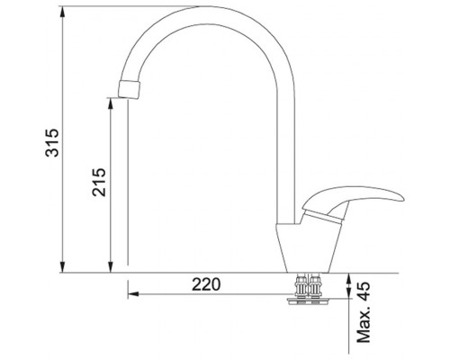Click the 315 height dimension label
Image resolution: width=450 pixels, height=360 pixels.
(x=51, y=142)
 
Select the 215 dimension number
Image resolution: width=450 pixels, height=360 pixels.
(x=99, y=182)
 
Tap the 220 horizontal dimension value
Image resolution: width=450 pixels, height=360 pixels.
(x=206, y=284)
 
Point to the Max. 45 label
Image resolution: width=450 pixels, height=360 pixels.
(x=364, y=312)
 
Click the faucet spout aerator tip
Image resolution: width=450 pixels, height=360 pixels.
(x=130, y=89)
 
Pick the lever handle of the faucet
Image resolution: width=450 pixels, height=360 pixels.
(x=353, y=200)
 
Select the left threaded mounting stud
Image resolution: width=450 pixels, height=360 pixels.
(x=301, y=285)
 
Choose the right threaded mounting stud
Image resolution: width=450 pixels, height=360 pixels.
(x=315, y=285)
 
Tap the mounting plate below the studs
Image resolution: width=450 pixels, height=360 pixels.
(x=309, y=301)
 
